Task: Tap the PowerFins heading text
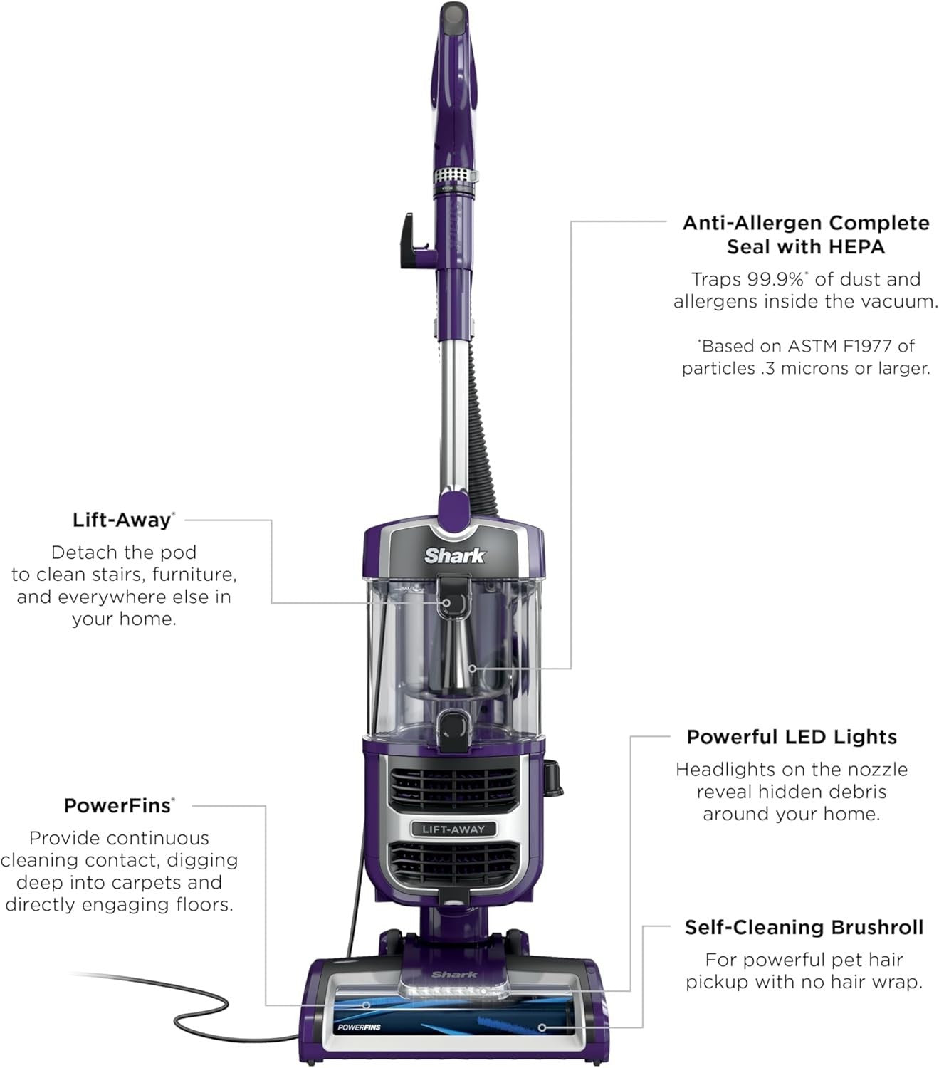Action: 118,805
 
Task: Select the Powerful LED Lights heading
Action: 791,737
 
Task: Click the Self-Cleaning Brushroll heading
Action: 804,927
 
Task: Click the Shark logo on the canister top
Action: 454,555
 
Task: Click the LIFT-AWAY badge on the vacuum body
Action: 453,829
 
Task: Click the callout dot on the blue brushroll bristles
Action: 542,1027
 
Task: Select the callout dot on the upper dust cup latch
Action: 447,602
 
